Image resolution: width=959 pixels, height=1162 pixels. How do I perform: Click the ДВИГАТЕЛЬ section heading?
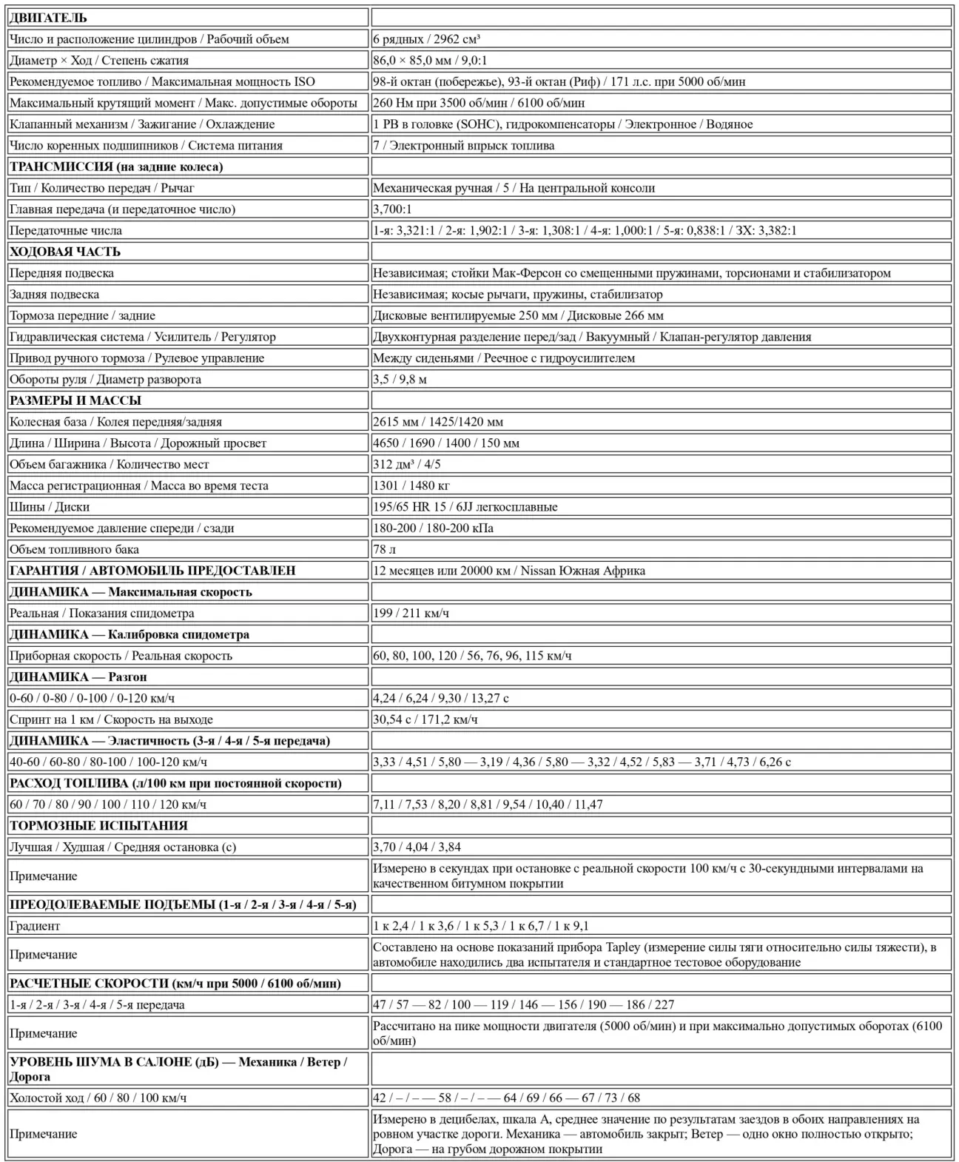click(x=48, y=18)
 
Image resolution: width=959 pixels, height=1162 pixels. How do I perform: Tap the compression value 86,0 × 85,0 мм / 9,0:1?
click(x=430, y=61)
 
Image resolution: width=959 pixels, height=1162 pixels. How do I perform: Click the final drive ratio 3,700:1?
click(x=392, y=209)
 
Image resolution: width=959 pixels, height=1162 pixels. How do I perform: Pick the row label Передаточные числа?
click(x=66, y=230)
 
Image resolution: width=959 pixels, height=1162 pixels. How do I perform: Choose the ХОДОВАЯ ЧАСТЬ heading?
click(x=65, y=252)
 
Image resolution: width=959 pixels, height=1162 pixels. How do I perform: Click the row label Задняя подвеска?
click(x=54, y=295)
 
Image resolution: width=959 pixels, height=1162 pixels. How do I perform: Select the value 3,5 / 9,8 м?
click(x=400, y=380)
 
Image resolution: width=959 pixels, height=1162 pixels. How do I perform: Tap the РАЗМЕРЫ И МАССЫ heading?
click(x=75, y=400)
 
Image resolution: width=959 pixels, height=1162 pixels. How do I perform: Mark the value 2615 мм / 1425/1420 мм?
click(x=438, y=422)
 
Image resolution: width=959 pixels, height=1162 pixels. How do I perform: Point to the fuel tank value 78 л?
click(x=385, y=550)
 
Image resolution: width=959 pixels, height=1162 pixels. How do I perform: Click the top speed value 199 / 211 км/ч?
click(x=411, y=613)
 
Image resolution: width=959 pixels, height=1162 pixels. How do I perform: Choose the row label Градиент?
click(x=35, y=926)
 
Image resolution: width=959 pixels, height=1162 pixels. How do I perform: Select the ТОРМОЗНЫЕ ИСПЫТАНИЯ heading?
click(x=98, y=825)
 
